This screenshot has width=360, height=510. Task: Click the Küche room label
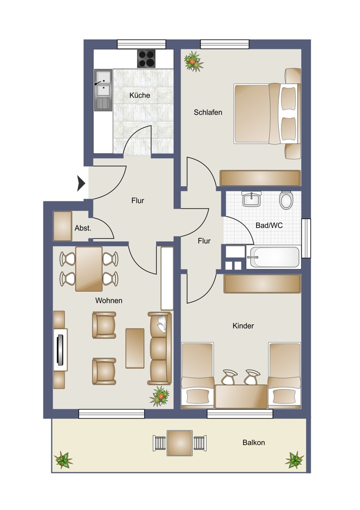[x=140, y=95]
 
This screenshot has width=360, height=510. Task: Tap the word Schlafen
[x=208, y=112]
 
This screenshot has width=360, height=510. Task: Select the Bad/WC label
[x=269, y=225]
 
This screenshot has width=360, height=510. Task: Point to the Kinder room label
[x=243, y=325]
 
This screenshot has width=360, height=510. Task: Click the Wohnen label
[x=109, y=300]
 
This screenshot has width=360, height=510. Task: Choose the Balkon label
[x=253, y=442]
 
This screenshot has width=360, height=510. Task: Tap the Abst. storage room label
[x=83, y=228]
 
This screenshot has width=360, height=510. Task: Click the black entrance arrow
[x=81, y=183]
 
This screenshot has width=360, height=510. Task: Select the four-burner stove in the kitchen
[x=146, y=59]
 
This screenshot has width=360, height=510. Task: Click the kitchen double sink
[x=103, y=89]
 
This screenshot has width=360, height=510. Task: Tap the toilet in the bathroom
[x=286, y=200]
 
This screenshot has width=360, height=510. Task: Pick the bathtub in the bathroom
[x=273, y=257]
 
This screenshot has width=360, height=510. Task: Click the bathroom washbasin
[x=251, y=199]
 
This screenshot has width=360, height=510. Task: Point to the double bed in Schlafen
[x=267, y=113]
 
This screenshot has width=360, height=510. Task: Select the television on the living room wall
[x=61, y=350]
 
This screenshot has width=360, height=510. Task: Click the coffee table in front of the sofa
[x=135, y=348]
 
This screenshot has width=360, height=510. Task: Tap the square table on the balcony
[x=180, y=443]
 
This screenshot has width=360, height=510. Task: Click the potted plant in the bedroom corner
[x=193, y=61]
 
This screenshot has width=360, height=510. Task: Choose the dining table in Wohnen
[x=89, y=269]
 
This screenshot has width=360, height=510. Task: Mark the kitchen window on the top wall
[x=141, y=44]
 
